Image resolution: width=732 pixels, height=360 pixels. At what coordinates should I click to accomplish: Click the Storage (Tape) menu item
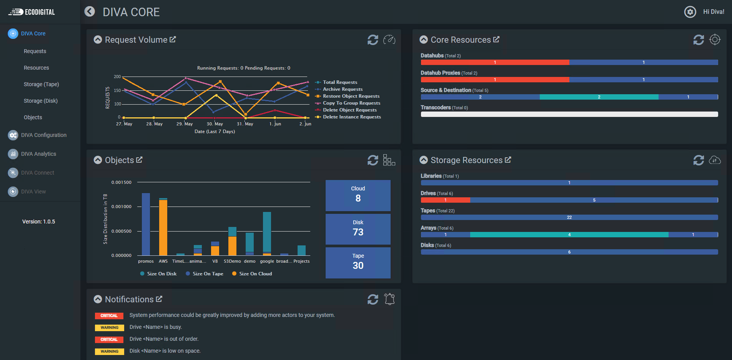[41, 84]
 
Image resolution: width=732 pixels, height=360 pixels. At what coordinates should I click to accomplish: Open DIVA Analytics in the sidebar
[38, 154]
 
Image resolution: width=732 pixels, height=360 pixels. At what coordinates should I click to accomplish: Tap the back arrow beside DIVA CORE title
[90, 12]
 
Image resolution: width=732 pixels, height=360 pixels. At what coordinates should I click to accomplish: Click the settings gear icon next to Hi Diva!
[690, 12]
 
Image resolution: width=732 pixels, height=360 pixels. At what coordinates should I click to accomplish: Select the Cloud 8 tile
[358, 195]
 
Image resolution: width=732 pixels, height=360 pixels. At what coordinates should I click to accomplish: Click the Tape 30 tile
[358, 262]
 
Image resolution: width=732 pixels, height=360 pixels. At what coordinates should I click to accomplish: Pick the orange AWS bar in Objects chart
[163, 227]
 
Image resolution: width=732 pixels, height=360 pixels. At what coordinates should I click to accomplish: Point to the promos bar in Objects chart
[146, 224]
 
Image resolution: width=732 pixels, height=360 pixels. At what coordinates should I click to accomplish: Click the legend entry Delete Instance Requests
[351, 117]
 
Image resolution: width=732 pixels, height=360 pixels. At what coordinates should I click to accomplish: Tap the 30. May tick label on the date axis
[215, 124]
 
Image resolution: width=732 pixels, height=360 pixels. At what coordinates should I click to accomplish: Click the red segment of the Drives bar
[445, 200]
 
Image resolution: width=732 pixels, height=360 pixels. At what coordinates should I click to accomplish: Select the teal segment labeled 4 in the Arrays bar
[569, 235]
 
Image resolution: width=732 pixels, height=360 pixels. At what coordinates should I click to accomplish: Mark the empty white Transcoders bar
[569, 114]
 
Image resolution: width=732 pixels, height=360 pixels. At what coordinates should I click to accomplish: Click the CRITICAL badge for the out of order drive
[109, 340]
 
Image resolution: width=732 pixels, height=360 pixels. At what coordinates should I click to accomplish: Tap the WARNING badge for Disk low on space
[109, 352]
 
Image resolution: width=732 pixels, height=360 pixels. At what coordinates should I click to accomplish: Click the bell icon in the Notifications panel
[389, 299]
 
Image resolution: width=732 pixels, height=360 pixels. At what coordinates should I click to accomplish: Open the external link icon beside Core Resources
[496, 39]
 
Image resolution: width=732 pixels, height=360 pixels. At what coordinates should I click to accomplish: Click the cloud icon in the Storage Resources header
[715, 160]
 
